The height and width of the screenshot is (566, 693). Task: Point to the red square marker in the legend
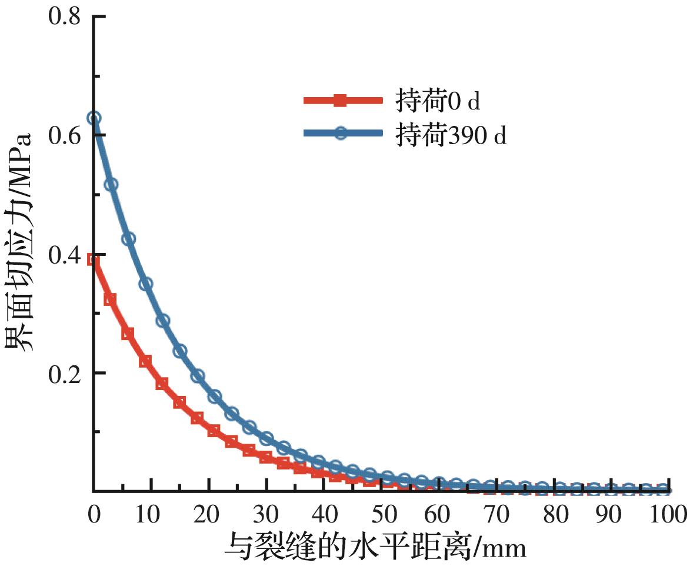pos(339,101)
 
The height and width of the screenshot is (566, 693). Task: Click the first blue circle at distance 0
pos(94,118)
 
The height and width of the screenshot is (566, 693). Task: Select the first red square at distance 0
pos(93,259)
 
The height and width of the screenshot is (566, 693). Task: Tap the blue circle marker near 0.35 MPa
pos(146,284)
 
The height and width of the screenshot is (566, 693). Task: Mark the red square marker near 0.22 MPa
pos(145,361)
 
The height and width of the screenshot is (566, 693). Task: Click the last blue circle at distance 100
pos(664,489)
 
